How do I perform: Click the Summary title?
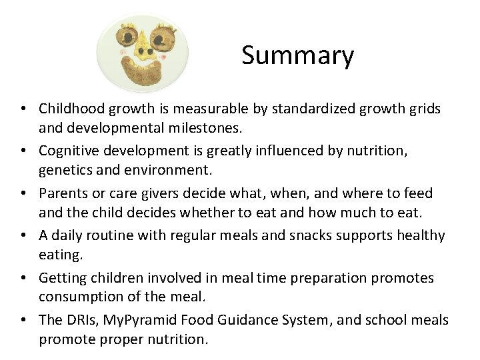[297, 55]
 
